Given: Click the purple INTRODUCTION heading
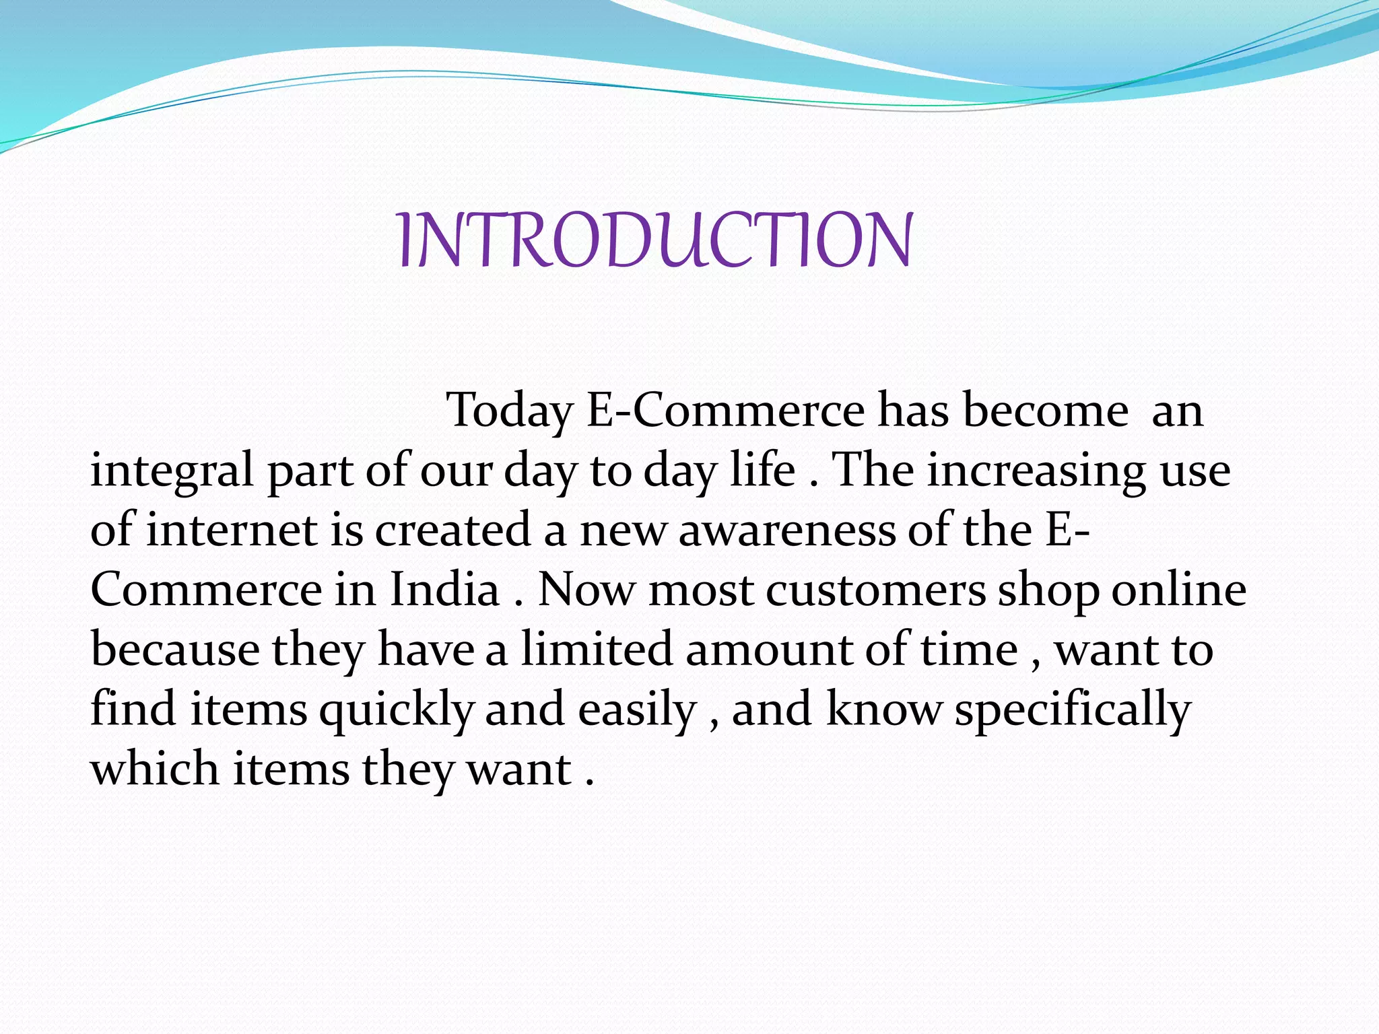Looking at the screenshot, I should [654, 240].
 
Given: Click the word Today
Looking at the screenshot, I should [510, 411].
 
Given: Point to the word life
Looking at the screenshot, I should [763, 469].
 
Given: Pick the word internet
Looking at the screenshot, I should [232, 529].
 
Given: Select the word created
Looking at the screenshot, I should [452, 529].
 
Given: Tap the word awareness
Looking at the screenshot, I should [786, 530].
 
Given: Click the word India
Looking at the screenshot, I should [444, 589].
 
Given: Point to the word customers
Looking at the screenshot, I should [875, 590].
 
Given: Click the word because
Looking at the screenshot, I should [175, 649].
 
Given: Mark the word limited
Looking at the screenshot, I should [596, 649].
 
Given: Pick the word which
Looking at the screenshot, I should [155, 768].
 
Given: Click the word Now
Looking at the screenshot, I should [586, 590].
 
